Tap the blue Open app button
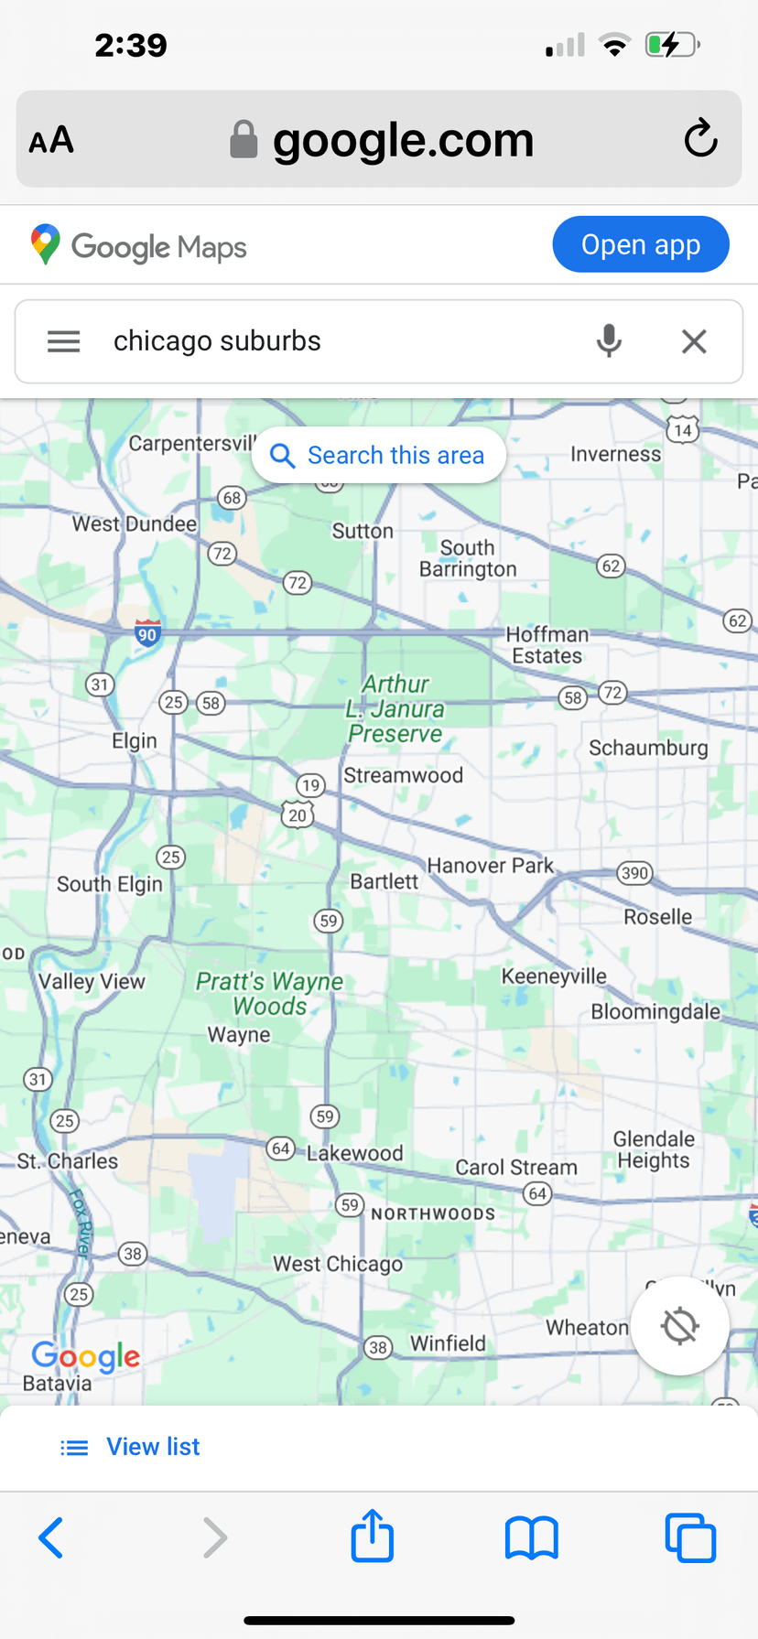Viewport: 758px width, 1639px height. (x=640, y=244)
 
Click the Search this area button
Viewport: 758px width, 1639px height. (x=379, y=455)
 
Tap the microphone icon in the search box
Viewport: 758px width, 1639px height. (x=609, y=340)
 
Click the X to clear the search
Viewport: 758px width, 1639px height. (x=694, y=341)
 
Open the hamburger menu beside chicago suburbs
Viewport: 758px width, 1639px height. (x=64, y=341)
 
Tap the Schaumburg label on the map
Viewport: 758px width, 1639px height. (x=648, y=748)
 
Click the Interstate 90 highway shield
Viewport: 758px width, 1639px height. (x=147, y=632)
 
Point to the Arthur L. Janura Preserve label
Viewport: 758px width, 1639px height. (x=395, y=709)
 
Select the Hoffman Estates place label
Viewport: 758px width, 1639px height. (x=547, y=645)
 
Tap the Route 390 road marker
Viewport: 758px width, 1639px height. (x=634, y=872)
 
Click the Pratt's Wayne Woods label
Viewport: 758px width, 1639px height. (x=270, y=993)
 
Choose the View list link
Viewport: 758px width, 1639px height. (x=152, y=1446)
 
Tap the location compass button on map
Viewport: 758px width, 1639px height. (x=679, y=1325)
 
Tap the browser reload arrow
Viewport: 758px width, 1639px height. (x=700, y=138)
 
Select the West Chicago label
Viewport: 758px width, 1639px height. (x=338, y=1264)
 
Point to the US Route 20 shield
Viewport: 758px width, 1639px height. (x=298, y=814)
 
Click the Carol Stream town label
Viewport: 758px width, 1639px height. (x=516, y=1167)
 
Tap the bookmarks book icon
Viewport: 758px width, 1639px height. (x=531, y=1537)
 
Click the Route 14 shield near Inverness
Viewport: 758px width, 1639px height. (x=683, y=429)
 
